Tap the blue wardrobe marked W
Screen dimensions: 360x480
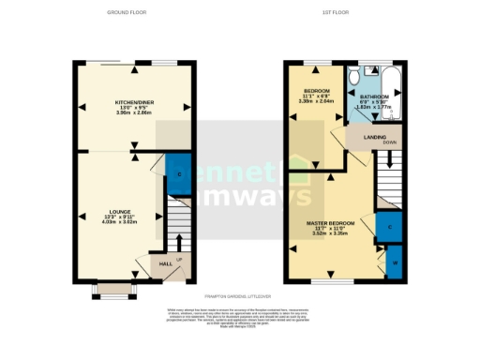click(x=395, y=262)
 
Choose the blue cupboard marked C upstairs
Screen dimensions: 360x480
click(x=389, y=227)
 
